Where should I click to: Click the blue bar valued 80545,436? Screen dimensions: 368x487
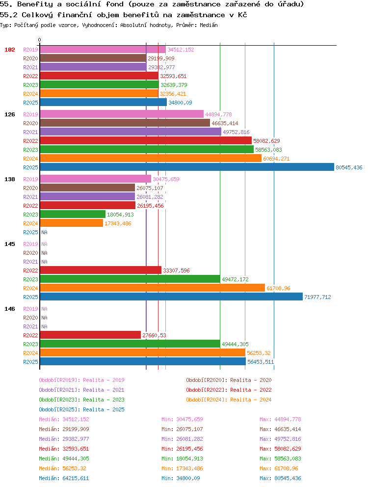(x=187, y=167)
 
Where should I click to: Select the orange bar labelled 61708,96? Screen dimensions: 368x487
(x=153, y=288)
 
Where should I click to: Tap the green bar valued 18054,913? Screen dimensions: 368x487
(x=73, y=215)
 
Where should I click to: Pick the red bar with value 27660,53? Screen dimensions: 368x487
(x=90, y=335)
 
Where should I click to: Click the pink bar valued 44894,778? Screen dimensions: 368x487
(x=122, y=114)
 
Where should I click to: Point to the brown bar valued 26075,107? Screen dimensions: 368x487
(x=87, y=188)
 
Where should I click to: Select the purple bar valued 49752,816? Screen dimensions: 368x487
(x=131, y=132)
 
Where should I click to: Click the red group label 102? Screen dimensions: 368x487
(x=10, y=50)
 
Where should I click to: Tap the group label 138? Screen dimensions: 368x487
(x=10, y=179)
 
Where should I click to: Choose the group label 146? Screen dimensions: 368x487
(x=10, y=309)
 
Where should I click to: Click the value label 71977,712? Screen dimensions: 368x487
(x=317, y=297)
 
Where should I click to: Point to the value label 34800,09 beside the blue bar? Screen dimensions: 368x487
(x=180, y=103)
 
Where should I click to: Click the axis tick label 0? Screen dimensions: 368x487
(x=39, y=40)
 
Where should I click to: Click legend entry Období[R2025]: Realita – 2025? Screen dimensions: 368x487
(x=81, y=409)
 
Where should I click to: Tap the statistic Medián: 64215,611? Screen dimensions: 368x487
(x=64, y=478)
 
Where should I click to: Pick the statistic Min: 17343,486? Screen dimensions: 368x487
(x=183, y=468)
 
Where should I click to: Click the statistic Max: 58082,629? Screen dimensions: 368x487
(x=281, y=449)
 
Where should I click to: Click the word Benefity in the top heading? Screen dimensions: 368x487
(x=35, y=4)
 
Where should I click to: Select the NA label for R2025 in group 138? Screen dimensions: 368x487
(x=45, y=232)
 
